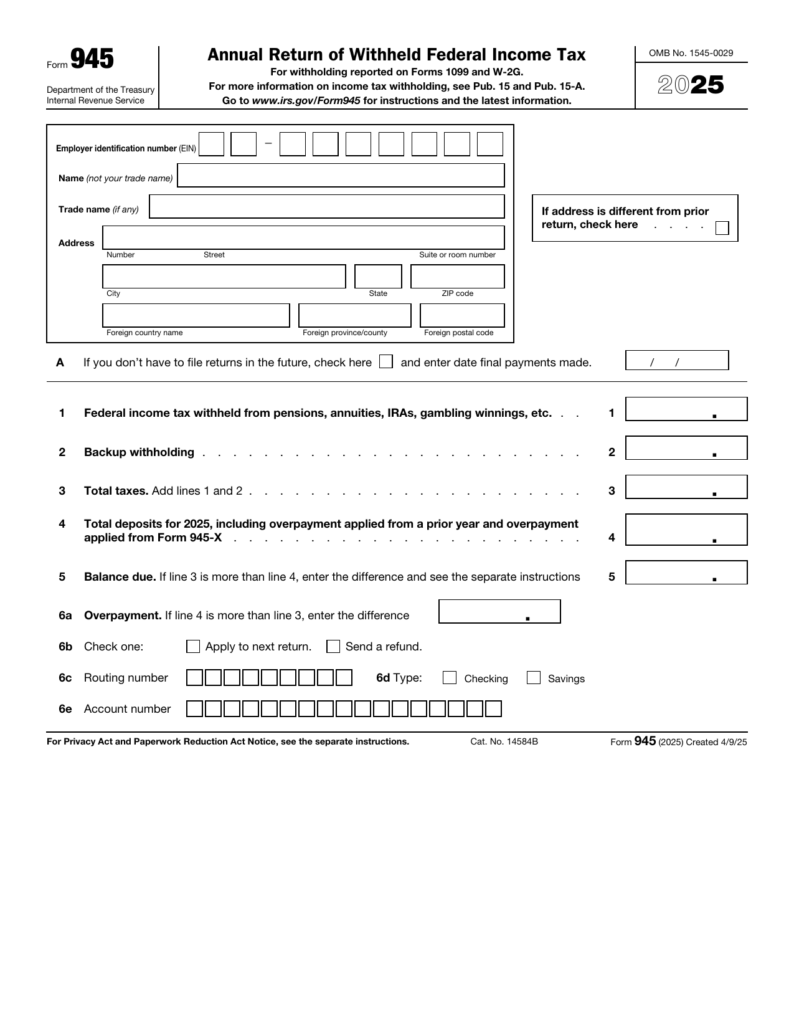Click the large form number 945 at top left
(92, 59)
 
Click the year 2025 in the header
(691, 85)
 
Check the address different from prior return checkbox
(722, 228)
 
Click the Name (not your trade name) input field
(341, 176)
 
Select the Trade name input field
(327, 206)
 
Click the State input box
(378, 276)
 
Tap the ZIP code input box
(457, 276)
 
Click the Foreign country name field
(196, 315)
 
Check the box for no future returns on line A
(386, 361)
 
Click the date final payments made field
(676, 361)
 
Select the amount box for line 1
(686, 409)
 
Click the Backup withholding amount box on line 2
(686, 448)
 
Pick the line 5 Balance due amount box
(686, 573)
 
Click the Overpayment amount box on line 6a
(499, 611)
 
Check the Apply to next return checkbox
(193, 647)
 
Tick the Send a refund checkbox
(333, 647)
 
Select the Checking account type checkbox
(450, 678)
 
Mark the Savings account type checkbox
(533, 678)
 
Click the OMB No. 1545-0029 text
(691, 53)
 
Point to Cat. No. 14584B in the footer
(504, 741)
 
